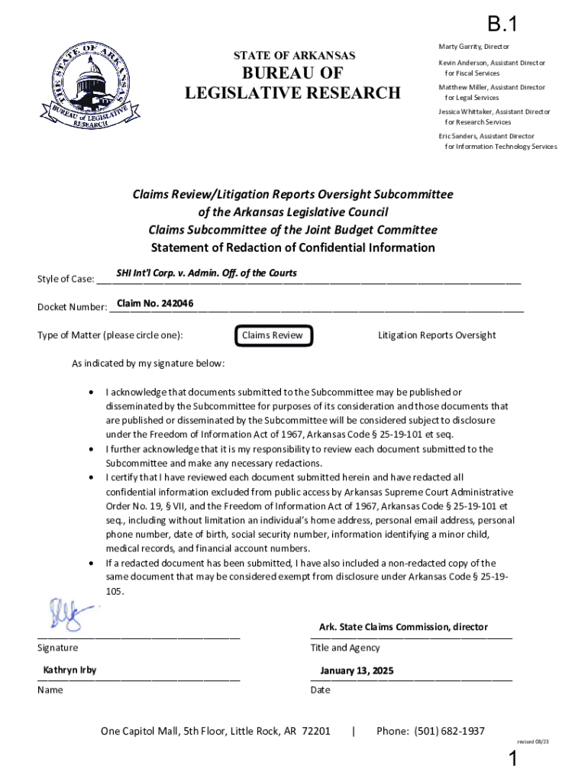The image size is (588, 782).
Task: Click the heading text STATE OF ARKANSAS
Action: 294,55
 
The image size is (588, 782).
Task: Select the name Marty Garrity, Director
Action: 473,47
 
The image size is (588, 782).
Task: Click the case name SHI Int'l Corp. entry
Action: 206,273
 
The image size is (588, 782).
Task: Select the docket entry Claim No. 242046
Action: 155,304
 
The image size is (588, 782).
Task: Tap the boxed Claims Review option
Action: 272,335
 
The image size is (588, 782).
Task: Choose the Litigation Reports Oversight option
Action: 437,335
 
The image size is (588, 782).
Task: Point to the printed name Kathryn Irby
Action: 69,671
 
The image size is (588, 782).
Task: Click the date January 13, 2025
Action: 357,671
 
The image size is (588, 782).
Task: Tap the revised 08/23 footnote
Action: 533,742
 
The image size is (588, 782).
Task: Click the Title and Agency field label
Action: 344,648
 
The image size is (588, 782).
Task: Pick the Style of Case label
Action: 66,279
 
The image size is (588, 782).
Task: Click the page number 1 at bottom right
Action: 514,760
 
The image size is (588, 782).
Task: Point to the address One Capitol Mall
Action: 215,732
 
